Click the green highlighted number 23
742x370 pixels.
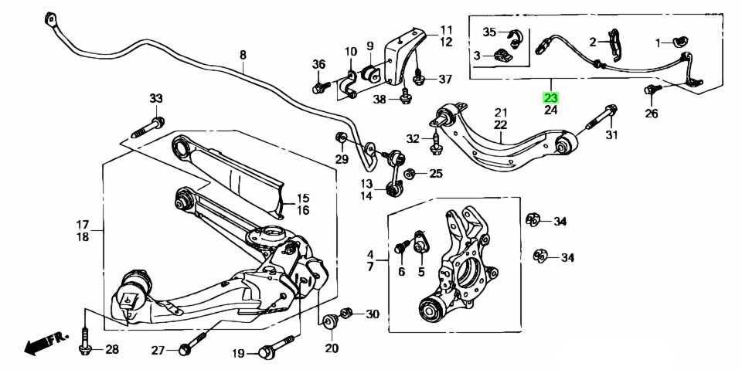pos(550,98)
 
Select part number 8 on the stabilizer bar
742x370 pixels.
pos(243,55)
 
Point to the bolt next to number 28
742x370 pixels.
pos(84,344)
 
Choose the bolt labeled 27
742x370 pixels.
pos(193,344)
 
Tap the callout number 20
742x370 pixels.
pos(332,348)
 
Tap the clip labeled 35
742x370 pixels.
pos(514,35)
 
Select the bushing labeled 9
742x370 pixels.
pos(369,73)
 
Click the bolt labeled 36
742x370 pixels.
pos(320,87)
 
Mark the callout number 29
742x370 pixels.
pos(342,159)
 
